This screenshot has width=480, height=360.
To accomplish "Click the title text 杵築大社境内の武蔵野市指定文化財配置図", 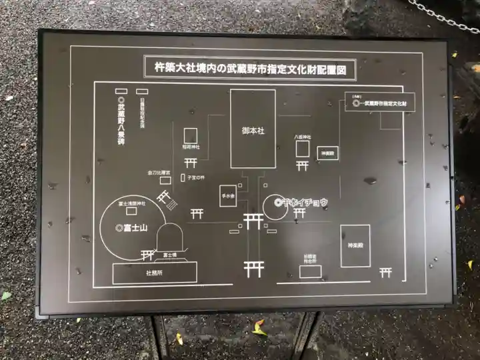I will (x=250, y=67).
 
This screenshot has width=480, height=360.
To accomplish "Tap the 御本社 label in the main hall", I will (x=253, y=131).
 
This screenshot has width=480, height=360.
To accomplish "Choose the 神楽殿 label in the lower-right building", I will (x=355, y=247).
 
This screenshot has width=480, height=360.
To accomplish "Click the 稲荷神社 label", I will (x=191, y=146).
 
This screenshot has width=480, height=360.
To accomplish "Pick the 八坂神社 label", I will (x=303, y=136).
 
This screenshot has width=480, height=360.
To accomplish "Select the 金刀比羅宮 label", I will (x=159, y=173).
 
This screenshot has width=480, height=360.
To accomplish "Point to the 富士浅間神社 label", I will (x=131, y=202).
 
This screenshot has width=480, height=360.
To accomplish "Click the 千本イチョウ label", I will (x=304, y=202).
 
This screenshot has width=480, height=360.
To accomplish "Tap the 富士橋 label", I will (x=169, y=254).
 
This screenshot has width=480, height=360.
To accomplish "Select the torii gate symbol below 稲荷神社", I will (x=191, y=163).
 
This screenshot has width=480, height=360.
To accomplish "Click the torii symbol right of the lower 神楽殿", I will (x=385, y=272).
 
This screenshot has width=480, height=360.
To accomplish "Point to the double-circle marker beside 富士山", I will (x=119, y=228).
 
